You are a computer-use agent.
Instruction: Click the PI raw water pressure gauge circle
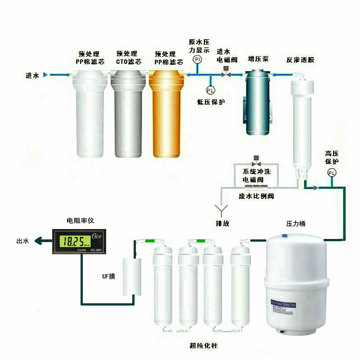(x=197, y=59)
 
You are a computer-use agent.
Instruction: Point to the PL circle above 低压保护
(x=211, y=90)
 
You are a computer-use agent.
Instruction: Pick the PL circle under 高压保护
(x=332, y=172)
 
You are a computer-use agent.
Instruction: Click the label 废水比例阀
(x=256, y=196)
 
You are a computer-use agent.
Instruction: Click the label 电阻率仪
(x=81, y=221)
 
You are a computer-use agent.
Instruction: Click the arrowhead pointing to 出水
(x=39, y=242)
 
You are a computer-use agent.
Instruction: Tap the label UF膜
(x=108, y=276)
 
